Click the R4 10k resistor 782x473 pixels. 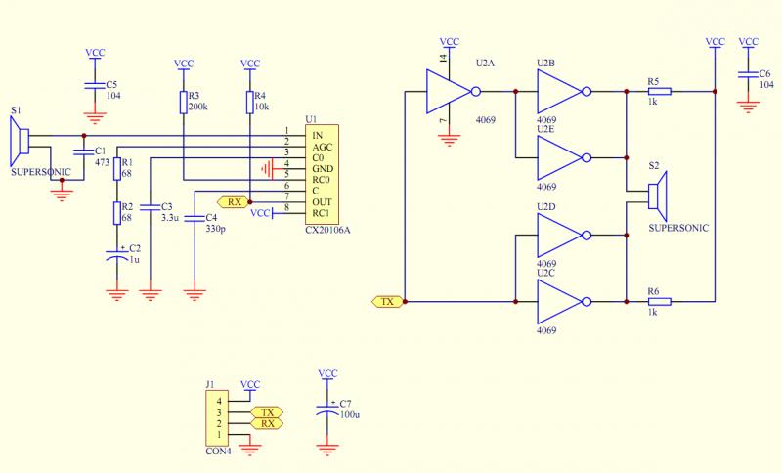pyautogui.click(x=250, y=103)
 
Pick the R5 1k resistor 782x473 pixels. pyautogui.click(x=660, y=92)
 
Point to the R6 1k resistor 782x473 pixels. pyautogui.click(x=660, y=302)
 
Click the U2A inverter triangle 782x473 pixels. pyautogui.click(x=448, y=92)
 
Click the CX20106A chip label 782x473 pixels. pyautogui.click(x=328, y=230)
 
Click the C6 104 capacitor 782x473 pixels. pyautogui.click(x=749, y=74)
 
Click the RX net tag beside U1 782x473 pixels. pyautogui.click(x=235, y=202)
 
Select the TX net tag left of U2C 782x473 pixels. pyautogui.click(x=387, y=302)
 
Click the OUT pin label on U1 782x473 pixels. pyautogui.click(x=322, y=201)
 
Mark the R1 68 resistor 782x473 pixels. pyautogui.click(x=117, y=169)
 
